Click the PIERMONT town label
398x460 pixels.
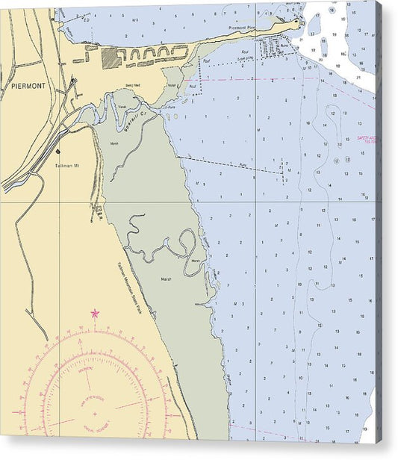coord(28,86)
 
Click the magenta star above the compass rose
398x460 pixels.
coord(94,314)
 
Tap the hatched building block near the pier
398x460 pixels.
coord(111,58)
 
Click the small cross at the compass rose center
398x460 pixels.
coord(94,412)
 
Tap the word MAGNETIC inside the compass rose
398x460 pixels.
coord(85,369)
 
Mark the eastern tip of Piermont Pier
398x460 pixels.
coord(299,22)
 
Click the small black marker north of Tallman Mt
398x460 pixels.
coord(57,151)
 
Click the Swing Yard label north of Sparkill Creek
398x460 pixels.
coord(133,86)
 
